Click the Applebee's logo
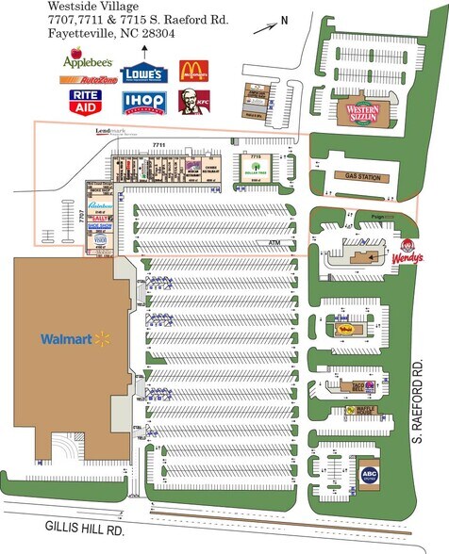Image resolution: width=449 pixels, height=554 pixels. tap(88, 62)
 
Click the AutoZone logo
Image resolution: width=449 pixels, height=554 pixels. tap(89, 80)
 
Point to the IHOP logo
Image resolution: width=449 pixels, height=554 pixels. tap(143, 101)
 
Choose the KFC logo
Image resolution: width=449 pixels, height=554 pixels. tap(194, 99)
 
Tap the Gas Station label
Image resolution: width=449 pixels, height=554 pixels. tap(362, 176)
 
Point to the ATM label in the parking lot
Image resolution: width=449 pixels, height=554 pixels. tap(275, 242)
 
